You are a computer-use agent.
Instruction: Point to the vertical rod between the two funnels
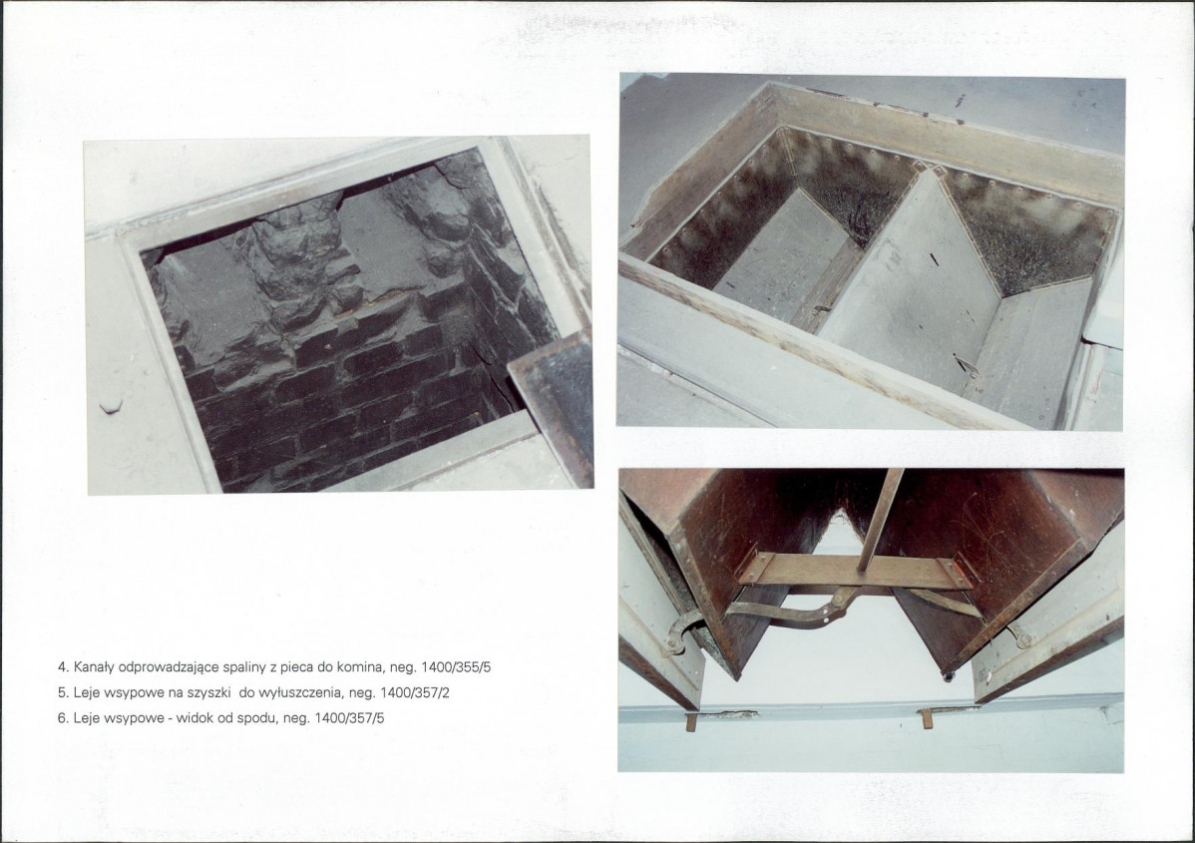tap(880, 520)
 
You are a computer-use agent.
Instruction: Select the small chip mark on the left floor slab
tap(111, 407)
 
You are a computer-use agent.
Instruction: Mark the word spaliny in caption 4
tap(243, 667)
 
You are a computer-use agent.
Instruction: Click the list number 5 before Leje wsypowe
tap(62, 693)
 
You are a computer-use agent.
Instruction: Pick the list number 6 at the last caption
tap(62, 718)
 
